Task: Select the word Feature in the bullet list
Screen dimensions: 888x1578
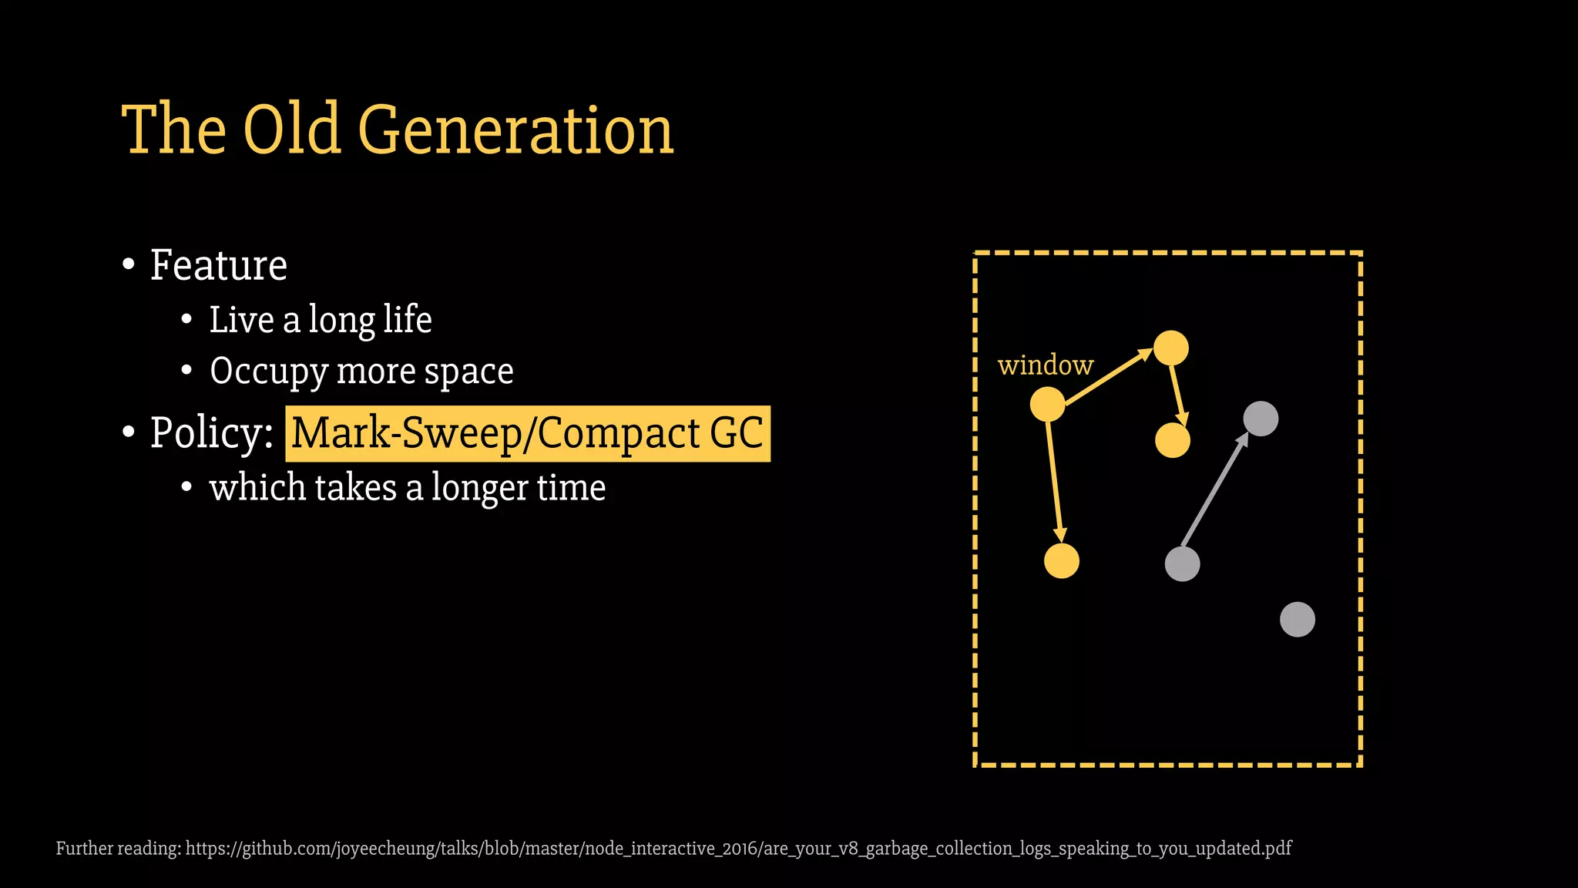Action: (219, 265)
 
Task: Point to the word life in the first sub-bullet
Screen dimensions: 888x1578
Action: (408, 319)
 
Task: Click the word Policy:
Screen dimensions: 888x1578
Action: (212, 432)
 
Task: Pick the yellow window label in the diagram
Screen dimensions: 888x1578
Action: (1046, 365)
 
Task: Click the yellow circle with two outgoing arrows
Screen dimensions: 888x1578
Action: (1047, 405)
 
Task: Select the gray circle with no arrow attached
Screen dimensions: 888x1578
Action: (1297, 620)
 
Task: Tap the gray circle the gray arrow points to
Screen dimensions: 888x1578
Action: (1261, 419)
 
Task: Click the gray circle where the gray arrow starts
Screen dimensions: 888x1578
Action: (1182, 564)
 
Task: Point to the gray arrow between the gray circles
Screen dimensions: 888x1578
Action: (1214, 490)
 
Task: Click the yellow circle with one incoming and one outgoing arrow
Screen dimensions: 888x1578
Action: (1171, 348)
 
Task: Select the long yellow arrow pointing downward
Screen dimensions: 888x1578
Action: (1054, 481)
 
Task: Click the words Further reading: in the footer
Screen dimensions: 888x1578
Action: (119, 849)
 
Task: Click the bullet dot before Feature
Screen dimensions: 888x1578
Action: (129, 265)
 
